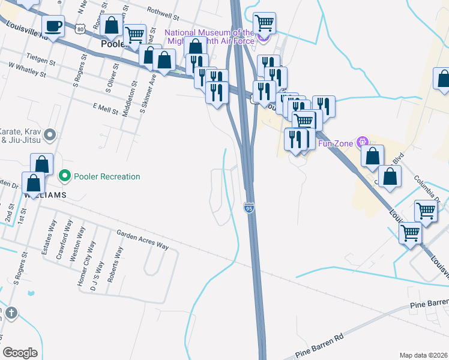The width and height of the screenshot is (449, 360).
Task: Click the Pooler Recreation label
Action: click(107, 176)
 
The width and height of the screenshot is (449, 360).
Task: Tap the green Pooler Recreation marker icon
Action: click(65, 176)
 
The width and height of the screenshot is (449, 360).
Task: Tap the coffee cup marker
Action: click(54, 26)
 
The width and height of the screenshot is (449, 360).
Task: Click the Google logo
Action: click(20, 353)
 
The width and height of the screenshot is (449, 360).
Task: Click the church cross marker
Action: click(11, 314)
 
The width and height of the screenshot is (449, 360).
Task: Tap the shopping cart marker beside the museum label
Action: click(265, 24)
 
